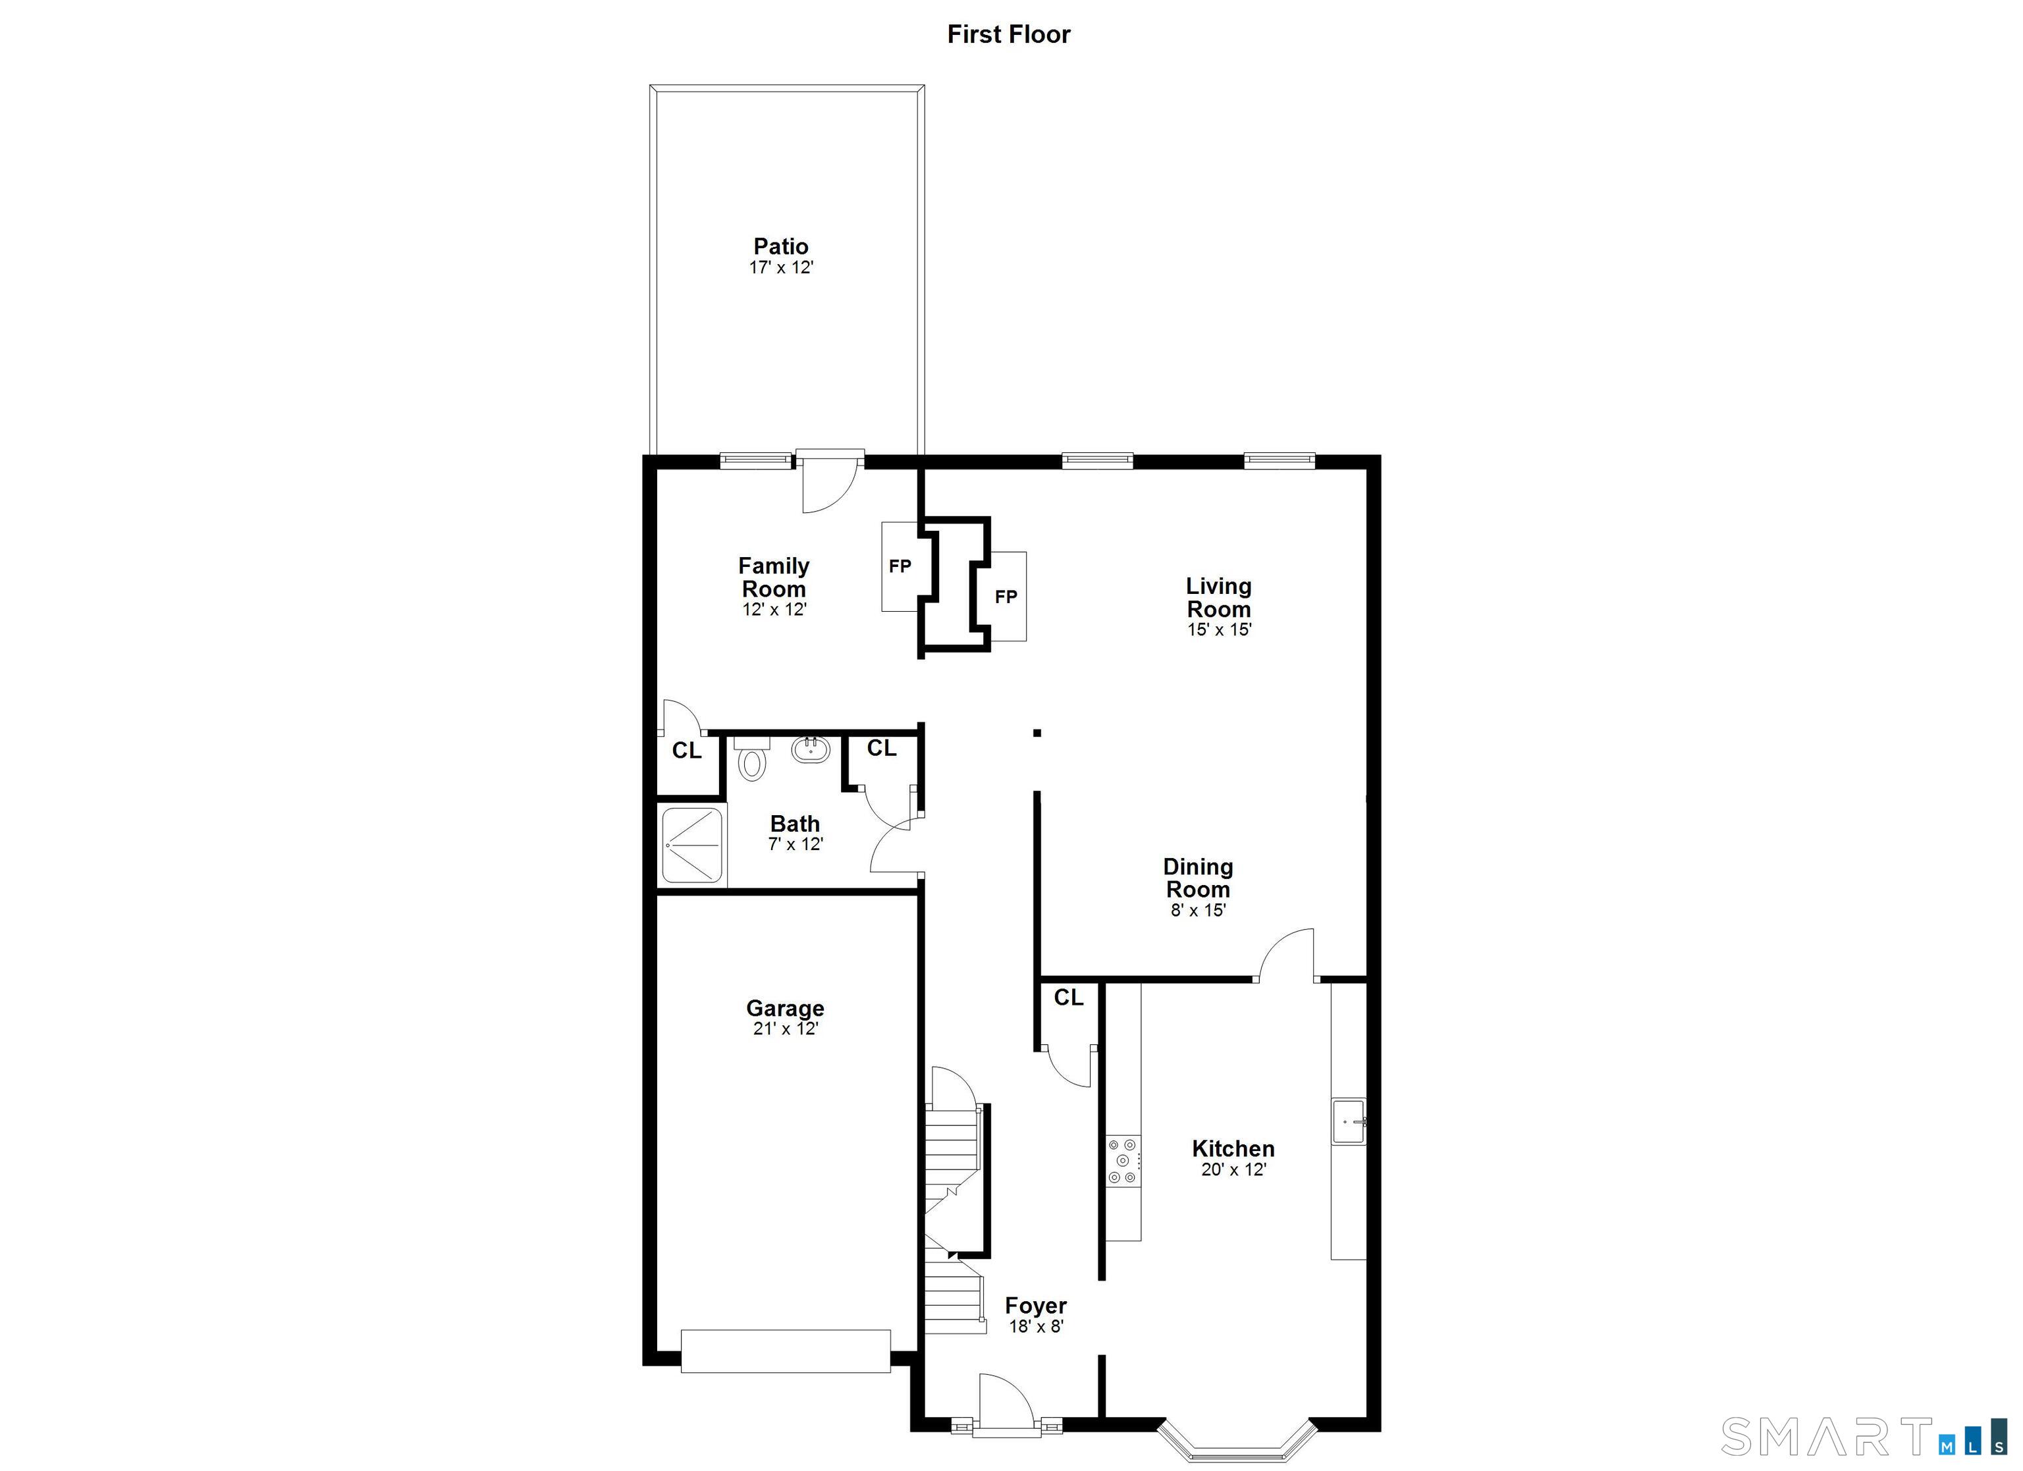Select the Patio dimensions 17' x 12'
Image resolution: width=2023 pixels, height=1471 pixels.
782,267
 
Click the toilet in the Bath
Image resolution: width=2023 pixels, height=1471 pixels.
752,759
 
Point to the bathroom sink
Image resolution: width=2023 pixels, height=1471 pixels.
811,749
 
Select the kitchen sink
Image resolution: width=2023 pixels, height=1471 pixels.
1349,1121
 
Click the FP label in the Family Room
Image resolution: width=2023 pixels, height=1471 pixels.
900,566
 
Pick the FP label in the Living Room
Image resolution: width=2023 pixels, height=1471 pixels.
1006,597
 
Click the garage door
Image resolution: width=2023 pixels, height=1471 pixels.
786,1351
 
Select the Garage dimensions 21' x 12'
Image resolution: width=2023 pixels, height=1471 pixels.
786,1029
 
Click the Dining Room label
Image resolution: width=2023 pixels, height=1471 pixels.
1198,878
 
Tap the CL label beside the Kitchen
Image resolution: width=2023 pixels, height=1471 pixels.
1069,998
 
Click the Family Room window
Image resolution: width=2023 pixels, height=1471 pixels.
755,460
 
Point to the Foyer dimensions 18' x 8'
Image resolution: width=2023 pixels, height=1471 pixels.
1036,1327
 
